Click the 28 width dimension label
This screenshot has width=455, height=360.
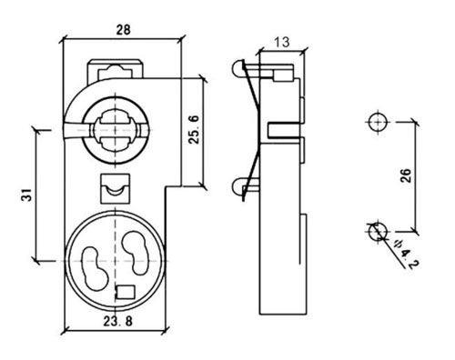124,30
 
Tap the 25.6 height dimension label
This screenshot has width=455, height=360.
194,129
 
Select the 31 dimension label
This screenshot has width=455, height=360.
26,195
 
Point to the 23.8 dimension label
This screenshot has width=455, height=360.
118,321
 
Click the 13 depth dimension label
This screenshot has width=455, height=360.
282,42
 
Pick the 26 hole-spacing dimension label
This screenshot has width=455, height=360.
406,175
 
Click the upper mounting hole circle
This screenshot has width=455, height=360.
379,122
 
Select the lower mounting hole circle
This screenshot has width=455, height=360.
379,231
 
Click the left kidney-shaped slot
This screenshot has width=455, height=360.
95,268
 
